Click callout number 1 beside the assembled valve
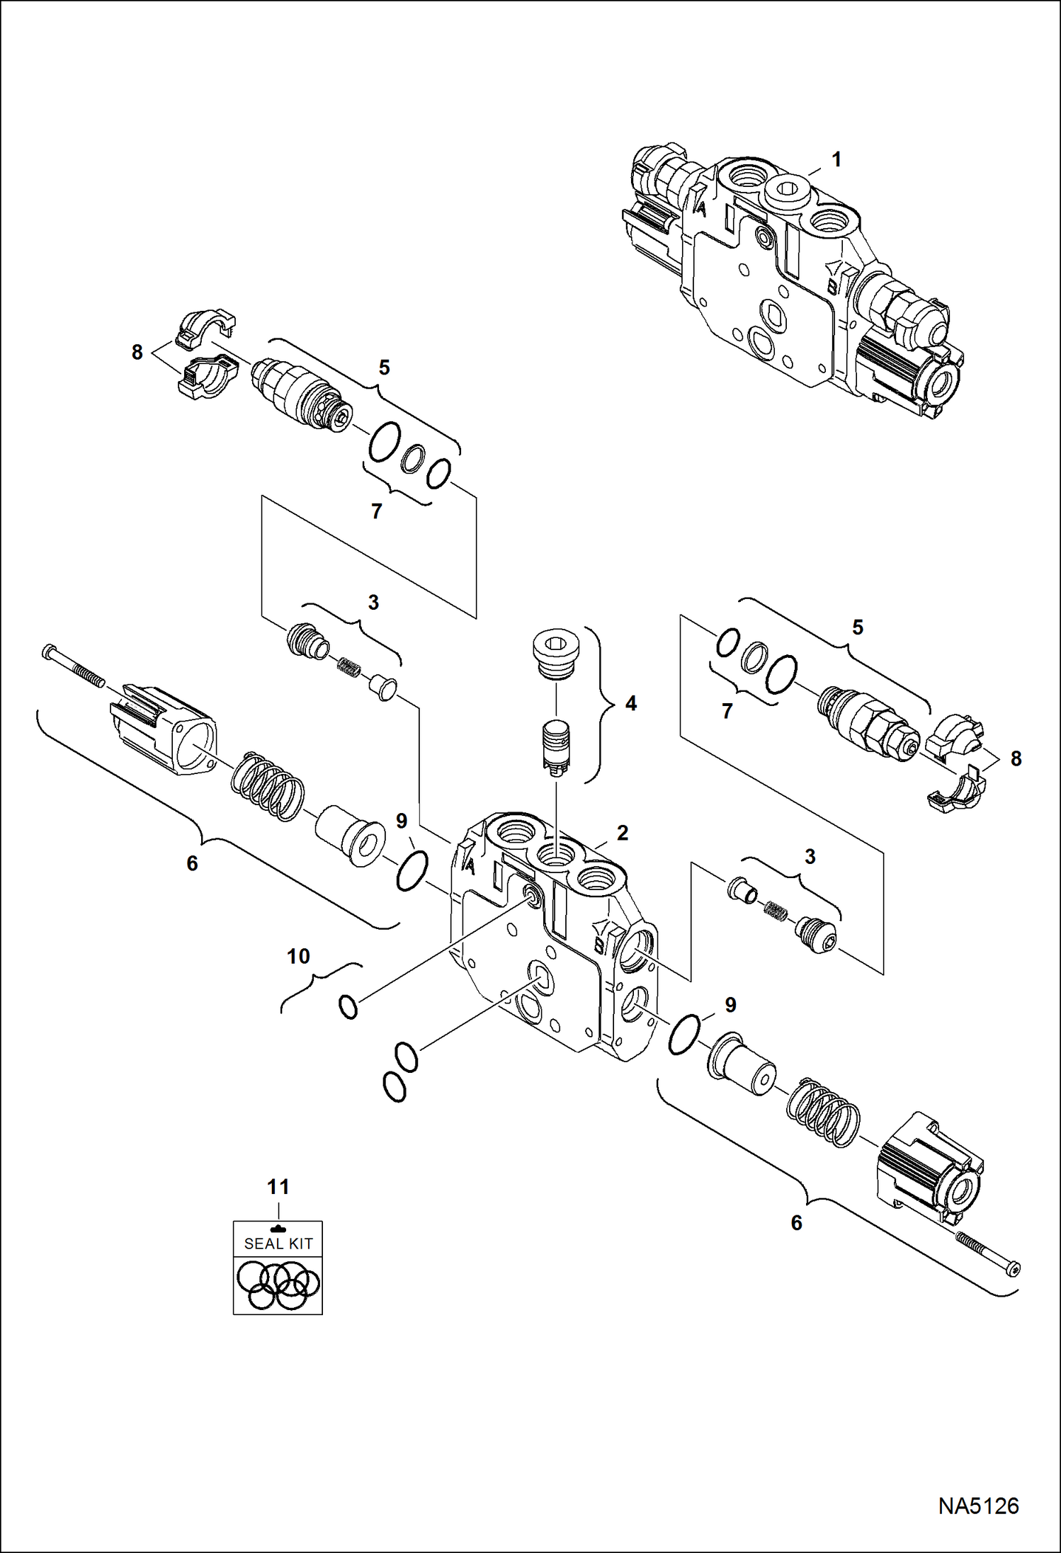point(836,160)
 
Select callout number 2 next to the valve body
point(623,833)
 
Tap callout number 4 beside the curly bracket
point(630,703)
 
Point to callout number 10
point(298,957)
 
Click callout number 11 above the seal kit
point(278,1186)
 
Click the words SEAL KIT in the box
point(278,1244)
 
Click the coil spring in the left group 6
point(268,786)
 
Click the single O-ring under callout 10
point(348,1007)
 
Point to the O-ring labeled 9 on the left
point(412,871)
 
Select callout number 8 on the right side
point(1016,758)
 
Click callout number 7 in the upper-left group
point(376,511)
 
